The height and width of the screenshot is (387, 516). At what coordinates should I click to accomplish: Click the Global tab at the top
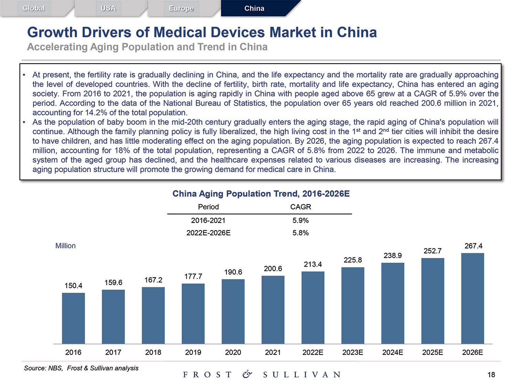coord(34,8)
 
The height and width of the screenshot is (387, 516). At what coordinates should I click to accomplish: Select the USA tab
coord(108,8)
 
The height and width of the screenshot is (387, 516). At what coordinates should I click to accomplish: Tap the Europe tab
coord(181,8)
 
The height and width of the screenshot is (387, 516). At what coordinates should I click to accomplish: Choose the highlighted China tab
coord(254,8)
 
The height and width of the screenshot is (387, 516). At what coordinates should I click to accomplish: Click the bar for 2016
coord(73,318)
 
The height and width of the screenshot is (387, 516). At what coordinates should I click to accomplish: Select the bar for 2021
coord(273,310)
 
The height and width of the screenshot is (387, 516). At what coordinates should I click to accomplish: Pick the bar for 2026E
coord(472,298)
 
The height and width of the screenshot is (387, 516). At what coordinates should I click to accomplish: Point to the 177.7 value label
coord(193,276)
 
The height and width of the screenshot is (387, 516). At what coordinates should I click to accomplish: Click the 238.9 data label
coord(393,255)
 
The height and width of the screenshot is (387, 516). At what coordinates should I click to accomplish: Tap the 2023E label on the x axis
coord(353,352)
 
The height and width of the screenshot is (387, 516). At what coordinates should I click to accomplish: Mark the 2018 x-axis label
coord(153,352)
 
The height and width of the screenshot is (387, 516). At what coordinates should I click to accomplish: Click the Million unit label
coord(65,246)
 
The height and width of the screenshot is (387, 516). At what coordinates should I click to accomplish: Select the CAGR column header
coord(301,207)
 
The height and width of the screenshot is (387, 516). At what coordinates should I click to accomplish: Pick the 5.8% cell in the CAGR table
coord(301,233)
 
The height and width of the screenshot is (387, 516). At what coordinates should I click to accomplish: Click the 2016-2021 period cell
coord(208,221)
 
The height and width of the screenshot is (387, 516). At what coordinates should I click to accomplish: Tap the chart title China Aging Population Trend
coord(261,194)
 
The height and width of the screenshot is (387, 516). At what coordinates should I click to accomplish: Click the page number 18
coord(491,375)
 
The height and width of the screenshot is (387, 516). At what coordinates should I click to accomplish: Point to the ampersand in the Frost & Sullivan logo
coord(247,374)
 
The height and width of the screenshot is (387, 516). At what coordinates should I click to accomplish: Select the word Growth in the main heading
coord(52,32)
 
